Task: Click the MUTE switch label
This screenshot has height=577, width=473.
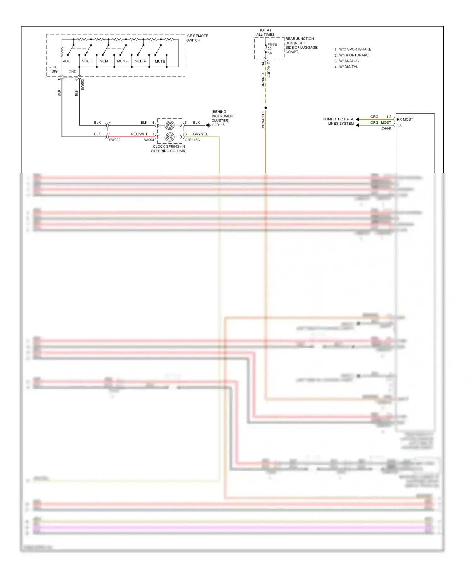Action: [x=160, y=61]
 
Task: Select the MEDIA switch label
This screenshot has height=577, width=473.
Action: [x=140, y=61]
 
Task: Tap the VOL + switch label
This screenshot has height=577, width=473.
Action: [x=87, y=61]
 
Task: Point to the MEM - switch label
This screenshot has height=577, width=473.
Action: [x=122, y=61]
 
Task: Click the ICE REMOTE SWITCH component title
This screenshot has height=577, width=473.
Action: [x=197, y=38]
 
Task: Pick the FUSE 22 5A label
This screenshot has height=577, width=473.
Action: [x=272, y=49]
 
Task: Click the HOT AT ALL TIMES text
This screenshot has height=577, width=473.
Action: [x=265, y=32]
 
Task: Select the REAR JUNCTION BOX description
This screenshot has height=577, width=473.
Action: [x=301, y=45]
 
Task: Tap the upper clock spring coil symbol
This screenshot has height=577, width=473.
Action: [x=170, y=125]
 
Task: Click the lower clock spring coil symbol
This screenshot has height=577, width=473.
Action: [x=170, y=137]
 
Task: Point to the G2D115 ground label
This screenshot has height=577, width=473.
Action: [x=218, y=125]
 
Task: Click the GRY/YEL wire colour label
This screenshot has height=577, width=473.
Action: [x=200, y=134]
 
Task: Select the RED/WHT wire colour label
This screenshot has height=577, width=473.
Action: [x=139, y=134]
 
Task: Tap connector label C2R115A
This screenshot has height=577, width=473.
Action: [x=192, y=140]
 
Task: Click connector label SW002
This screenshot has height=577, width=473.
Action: [x=114, y=140]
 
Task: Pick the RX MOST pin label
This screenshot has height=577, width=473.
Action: [x=405, y=119]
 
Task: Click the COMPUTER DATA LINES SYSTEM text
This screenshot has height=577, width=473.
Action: [x=338, y=121]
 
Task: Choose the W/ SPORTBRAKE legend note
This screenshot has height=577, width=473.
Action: [x=353, y=55]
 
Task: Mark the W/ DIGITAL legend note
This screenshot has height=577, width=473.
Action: [x=348, y=67]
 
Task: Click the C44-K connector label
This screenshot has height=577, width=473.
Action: [x=386, y=128]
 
